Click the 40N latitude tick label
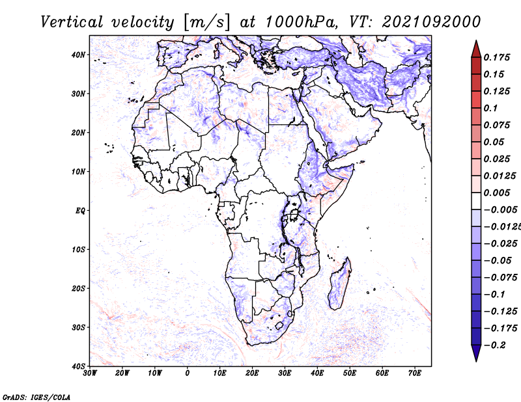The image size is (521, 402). [78, 55]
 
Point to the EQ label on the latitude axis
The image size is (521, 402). [80, 211]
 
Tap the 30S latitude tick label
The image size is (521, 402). [78, 328]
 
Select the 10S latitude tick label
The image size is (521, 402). [78, 250]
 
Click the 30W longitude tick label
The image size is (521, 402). [90, 373]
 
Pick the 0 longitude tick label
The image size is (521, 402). [188, 373]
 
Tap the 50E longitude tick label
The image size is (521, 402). [350, 373]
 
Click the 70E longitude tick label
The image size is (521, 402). [414, 373]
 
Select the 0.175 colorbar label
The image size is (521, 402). [497, 57]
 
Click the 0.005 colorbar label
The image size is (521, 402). [497, 193]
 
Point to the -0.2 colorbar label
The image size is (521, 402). [495, 345]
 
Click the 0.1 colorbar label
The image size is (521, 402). [491, 108]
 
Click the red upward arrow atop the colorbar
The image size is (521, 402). [476, 49]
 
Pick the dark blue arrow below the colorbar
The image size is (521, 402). [476, 353]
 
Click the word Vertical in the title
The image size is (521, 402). [72, 22]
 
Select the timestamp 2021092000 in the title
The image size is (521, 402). [431, 22]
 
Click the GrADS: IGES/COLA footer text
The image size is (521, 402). [36, 397]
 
